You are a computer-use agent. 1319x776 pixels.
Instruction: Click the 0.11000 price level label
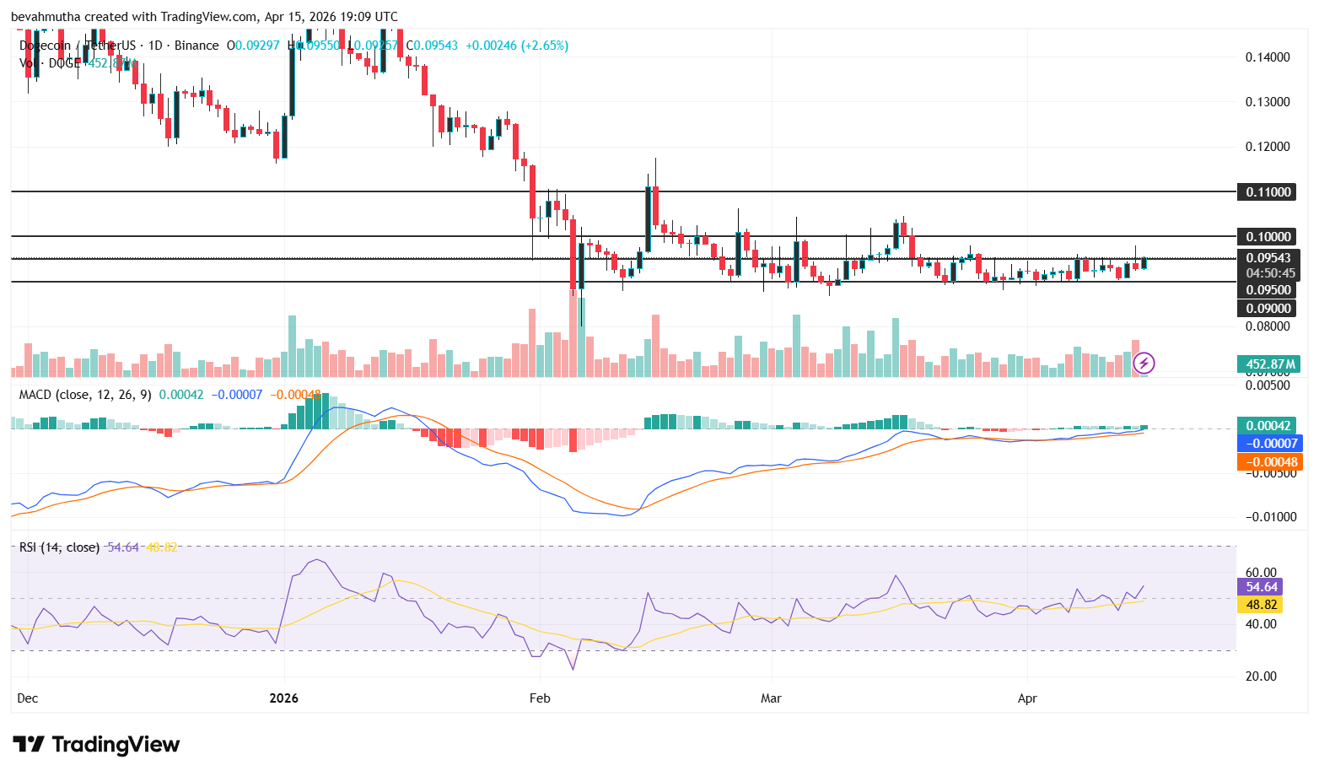click(x=1268, y=191)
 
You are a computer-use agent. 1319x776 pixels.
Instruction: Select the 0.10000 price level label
click(x=1268, y=236)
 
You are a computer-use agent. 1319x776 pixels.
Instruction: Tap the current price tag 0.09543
click(x=1268, y=258)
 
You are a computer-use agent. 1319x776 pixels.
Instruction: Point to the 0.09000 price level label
click(x=1268, y=308)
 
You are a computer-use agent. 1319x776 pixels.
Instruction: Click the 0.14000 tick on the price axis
click(x=1268, y=57)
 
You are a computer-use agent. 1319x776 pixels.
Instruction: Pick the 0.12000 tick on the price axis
click(x=1268, y=147)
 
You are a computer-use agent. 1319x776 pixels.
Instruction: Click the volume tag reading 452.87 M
click(x=1268, y=364)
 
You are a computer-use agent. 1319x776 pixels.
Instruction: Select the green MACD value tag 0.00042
click(x=1268, y=426)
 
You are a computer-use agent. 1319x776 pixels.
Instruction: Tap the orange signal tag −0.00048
click(x=1268, y=462)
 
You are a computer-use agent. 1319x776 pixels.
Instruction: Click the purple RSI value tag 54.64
click(x=1261, y=587)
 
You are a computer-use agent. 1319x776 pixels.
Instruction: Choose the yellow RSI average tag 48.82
click(x=1261, y=605)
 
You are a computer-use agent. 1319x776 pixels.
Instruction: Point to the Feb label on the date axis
click(x=539, y=698)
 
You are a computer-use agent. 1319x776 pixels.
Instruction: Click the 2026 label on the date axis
click(x=284, y=698)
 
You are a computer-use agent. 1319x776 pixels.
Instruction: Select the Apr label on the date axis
click(x=1027, y=698)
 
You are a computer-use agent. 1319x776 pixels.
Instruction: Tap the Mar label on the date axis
click(x=771, y=698)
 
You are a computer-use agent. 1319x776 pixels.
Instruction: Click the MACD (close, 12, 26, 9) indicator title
click(x=85, y=395)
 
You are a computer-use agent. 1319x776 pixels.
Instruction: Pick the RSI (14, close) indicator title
click(x=59, y=547)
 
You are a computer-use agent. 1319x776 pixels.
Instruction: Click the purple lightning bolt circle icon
click(x=1144, y=364)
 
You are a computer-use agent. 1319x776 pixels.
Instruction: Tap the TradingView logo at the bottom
click(x=96, y=744)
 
